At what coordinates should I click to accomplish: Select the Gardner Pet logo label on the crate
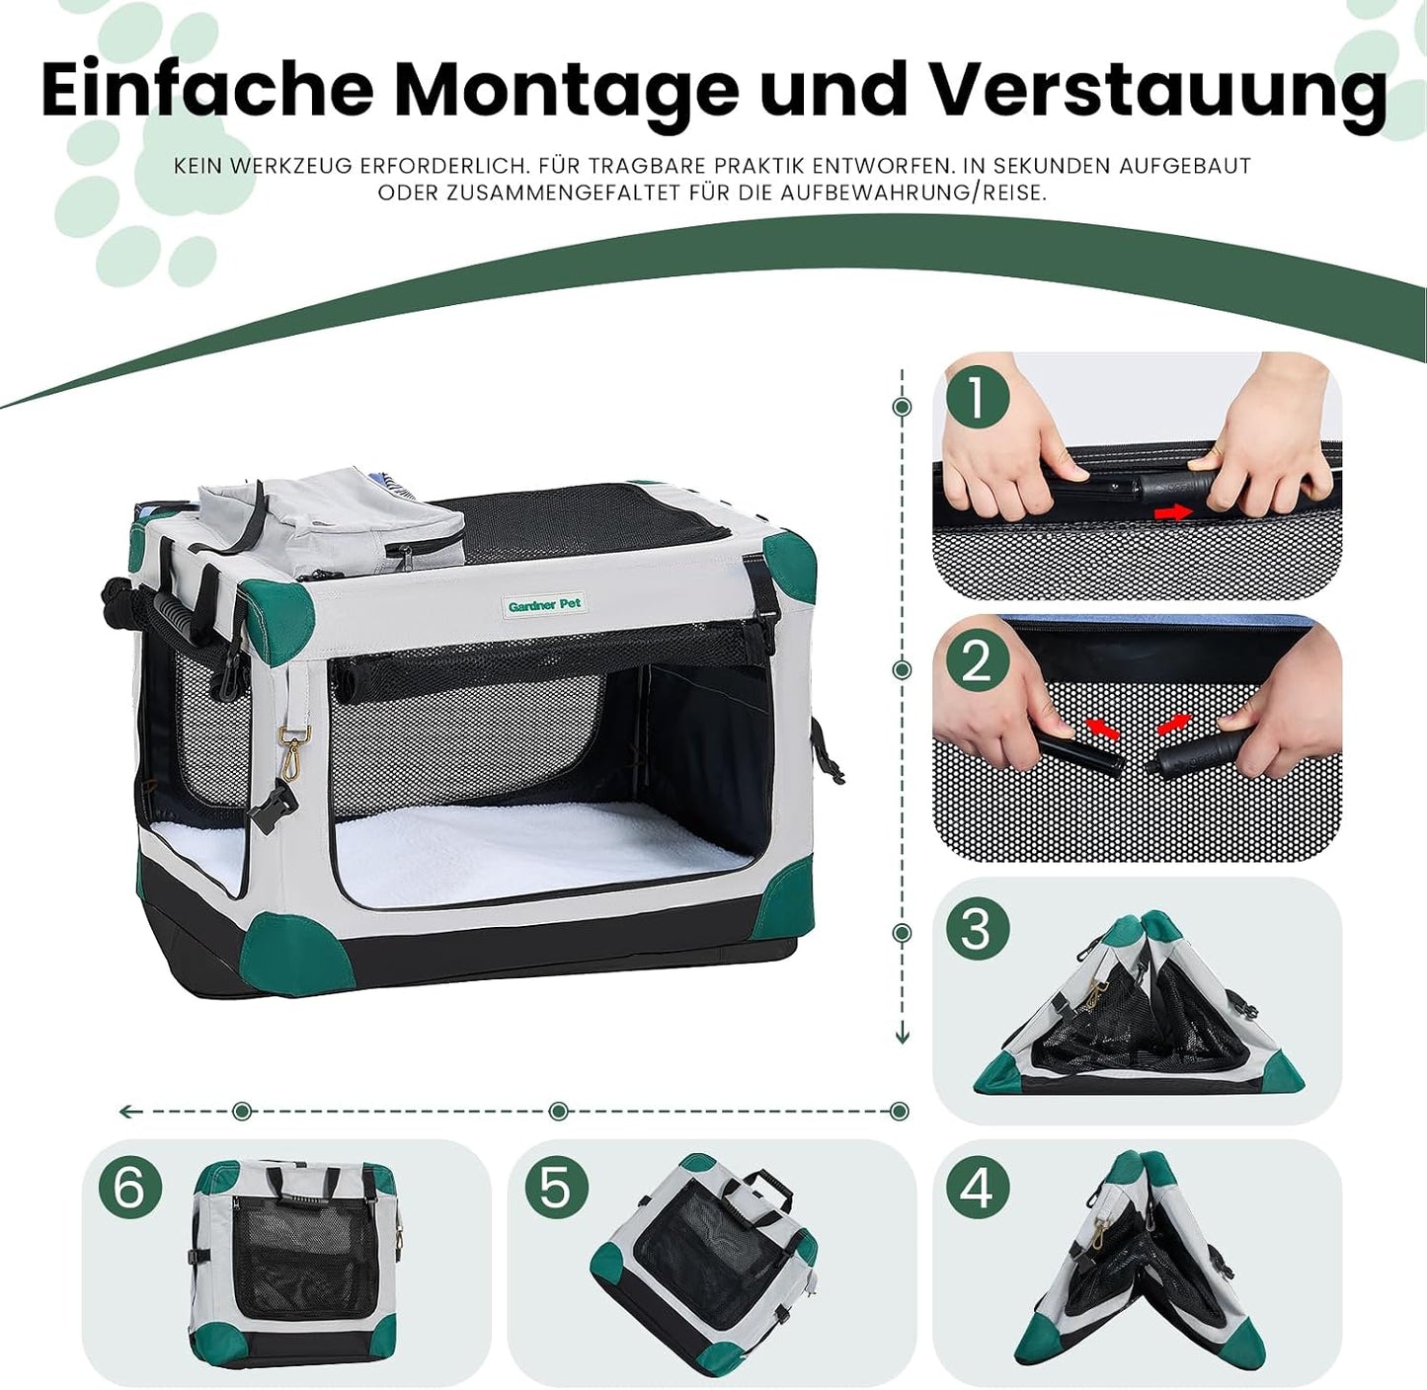point(544,604)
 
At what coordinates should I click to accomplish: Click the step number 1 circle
point(976,400)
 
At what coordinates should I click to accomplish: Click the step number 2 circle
point(976,662)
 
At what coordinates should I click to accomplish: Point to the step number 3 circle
point(976,928)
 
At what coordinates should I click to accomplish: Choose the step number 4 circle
point(976,1187)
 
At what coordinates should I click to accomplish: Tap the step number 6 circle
point(129,1187)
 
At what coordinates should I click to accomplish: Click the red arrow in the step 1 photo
point(1174,512)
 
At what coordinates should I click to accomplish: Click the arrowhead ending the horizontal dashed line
point(126,1112)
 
